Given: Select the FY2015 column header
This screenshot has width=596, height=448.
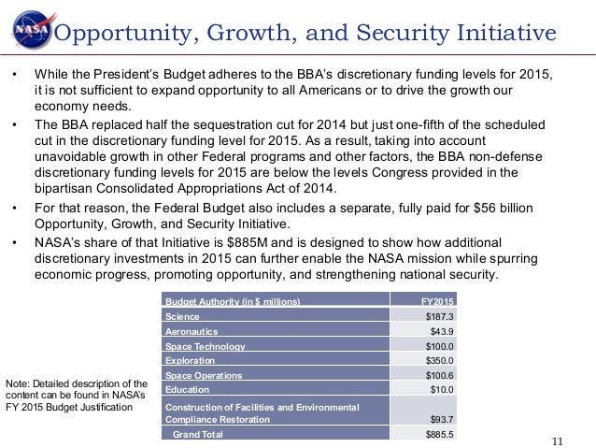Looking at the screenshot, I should click(x=435, y=301).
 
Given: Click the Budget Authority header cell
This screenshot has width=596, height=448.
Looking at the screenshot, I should click(x=233, y=301).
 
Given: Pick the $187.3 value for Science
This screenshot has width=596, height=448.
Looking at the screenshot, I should click(x=437, y=316).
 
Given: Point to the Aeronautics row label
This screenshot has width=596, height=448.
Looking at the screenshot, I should click(x=192, y=331).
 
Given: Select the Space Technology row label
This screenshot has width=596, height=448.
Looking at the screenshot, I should click(x=205, y=346).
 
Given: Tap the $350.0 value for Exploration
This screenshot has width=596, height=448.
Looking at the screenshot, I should click(x=437, y=360).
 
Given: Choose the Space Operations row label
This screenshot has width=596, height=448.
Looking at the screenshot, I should click(x=203, y=375).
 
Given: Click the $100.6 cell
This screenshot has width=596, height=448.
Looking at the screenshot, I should click(x=437, y=375).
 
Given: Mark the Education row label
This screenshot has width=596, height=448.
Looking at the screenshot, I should click(x=187, y=390).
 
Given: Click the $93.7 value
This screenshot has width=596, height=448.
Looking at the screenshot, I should click(x=440, y=420).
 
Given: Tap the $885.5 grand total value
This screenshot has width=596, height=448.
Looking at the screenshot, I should click(x=437, y=435).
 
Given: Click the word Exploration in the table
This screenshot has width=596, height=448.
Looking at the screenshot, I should click(x=190, y=360).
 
